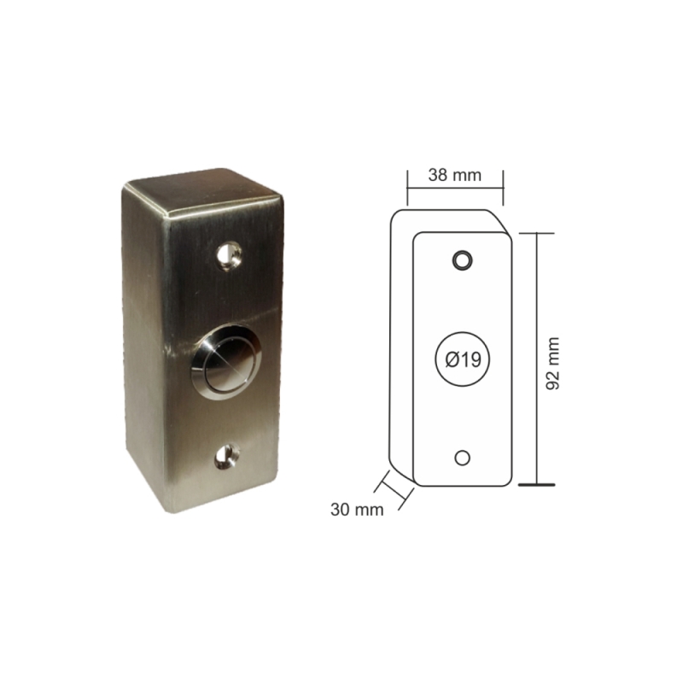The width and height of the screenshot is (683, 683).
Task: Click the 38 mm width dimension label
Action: pyautogui.click(x=455, y=175)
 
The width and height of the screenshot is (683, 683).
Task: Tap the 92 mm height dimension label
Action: pyautogui.click(x=552, y=364)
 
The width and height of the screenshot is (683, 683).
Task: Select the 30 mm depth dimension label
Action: pyautogui.click(x=357, y=509)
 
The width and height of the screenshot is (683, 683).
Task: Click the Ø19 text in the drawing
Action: pyautogui.click(x=463, y=359)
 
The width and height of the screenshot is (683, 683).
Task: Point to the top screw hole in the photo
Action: pyautogui.click(x=228, y=254)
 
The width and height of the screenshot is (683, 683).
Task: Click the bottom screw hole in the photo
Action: pyautogui.click(x=227, y=456)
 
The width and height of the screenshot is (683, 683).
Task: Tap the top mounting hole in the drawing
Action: pyautogui.click(x=462, y=260)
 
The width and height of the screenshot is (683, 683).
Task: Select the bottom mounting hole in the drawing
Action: pyautogui.click(x=462, y=458)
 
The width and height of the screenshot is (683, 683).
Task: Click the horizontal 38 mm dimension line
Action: pyautogui.click(x=455, y=188)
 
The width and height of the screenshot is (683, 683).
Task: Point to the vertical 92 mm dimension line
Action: pyautogui.click(x=537, y=359)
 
